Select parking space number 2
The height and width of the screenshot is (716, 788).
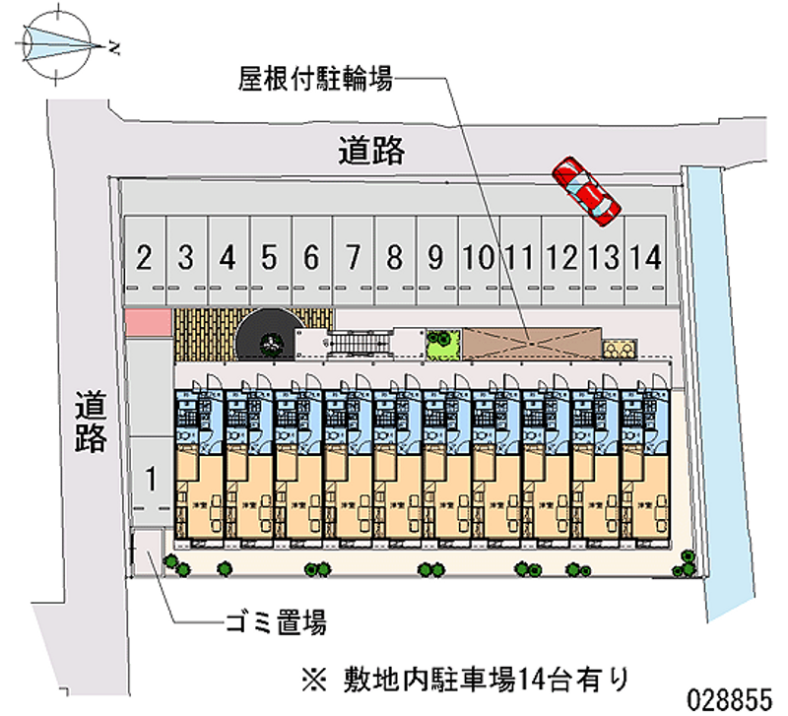pos(144,259)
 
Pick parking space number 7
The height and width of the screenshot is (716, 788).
pos(352,259)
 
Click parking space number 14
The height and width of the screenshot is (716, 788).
pos(645,259)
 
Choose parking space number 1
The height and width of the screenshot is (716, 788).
pos(151,480)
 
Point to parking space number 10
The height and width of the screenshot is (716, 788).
pos(478,259)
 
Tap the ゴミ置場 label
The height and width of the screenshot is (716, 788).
pos(273,622)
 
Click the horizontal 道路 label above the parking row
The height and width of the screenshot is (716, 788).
pos(371,151)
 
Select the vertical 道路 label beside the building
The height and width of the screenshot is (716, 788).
pos(92,422)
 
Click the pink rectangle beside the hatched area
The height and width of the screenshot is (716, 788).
pos(147,322)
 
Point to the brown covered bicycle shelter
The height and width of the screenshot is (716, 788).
pos(532,340)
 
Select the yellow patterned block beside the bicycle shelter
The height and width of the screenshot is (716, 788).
pos(620,349)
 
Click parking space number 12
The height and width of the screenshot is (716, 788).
pos(561,259)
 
